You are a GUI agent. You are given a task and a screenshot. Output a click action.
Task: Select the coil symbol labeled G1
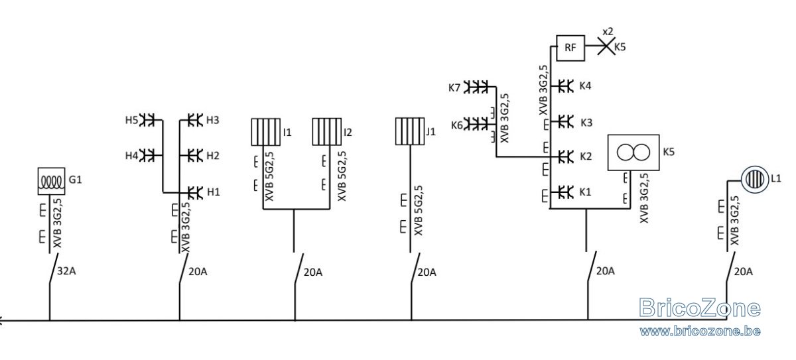[x=52, y=181]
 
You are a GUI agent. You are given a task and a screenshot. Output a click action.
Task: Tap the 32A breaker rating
[x=66, y=271]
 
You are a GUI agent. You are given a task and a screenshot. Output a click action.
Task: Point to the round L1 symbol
[x=754, y=179]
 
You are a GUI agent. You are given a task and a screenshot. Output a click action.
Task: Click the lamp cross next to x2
[x=606, y=46]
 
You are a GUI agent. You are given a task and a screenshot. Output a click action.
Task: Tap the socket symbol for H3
[x=195, y=120]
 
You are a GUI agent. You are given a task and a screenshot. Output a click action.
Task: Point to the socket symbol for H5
[x=147, y=120]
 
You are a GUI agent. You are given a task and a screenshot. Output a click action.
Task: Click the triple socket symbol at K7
[x=476, y=87]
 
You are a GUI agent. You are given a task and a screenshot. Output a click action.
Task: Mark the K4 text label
[x=585, y=86]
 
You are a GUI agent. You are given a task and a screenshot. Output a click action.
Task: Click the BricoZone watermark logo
[x=700, y=308]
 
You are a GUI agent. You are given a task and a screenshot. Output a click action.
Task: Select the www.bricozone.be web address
[x=700, y=331]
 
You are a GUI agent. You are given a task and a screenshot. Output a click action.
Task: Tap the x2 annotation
[x=608, y=32]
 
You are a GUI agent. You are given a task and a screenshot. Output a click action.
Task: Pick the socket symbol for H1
[x=195, y=192]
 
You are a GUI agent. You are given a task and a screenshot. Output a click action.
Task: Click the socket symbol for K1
[x=566, y=192]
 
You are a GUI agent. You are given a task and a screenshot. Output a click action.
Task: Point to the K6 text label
[x=457, y=125]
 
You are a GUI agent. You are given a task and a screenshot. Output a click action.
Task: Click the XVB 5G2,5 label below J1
[x=419, y=210]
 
